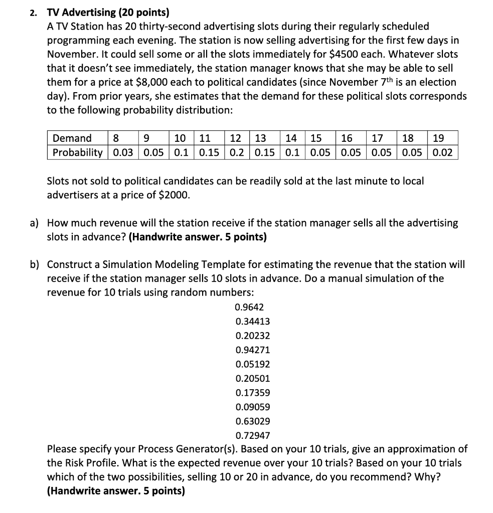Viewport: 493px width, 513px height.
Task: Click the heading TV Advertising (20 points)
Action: pyautogui.click(x=108, y=13)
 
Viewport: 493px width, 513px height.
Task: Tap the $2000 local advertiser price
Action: pyautogui.click(x=174, y=195)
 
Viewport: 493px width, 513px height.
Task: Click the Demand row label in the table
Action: pyautogui.click(x=72, y=138)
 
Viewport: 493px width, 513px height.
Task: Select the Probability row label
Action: pyautogui.click(x=78, y=152)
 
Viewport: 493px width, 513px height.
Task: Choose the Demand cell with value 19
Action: pyautogui.click(x=438, y=138)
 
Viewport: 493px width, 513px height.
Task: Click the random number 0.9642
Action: pyautogui.click(x=249, y=307)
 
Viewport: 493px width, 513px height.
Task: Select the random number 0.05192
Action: pyautogui.click(x=252, y=364)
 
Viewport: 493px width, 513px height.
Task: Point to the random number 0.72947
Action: pyautogui.click(x=252, y=435)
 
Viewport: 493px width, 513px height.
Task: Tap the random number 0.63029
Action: pyautogui.click(x=252, y=421)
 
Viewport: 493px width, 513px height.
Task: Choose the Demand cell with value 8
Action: pyautogui.click(x=116, y=138)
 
